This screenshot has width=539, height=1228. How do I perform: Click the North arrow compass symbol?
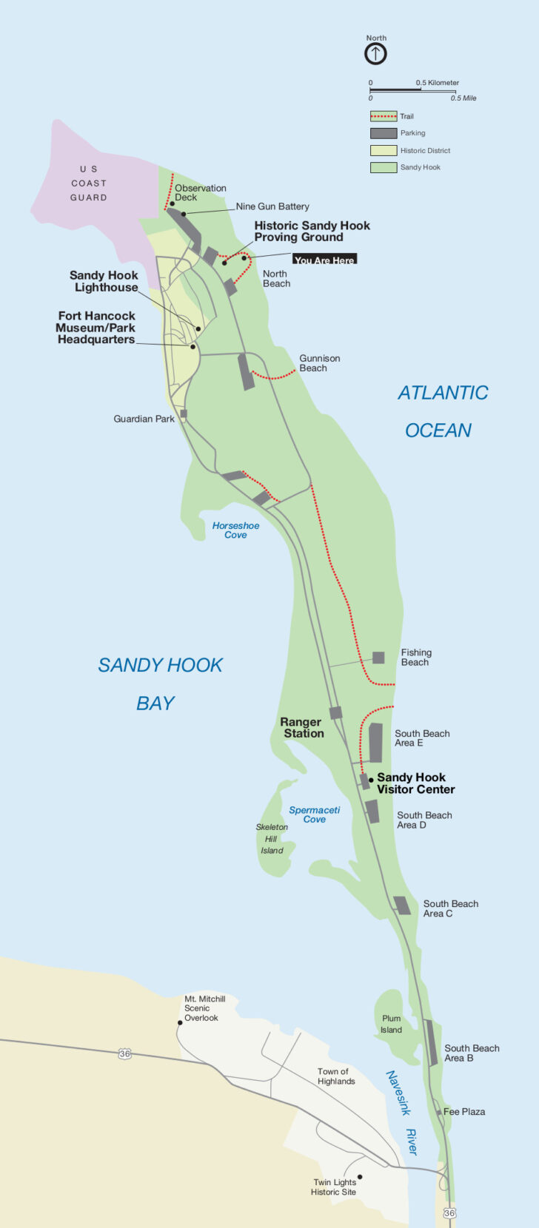(x=375, y=54)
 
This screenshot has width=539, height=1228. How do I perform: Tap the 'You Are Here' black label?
(x=324, y=260)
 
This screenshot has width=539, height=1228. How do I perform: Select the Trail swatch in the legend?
(x=383, y=116)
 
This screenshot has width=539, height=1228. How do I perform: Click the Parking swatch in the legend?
(x=383, y=133)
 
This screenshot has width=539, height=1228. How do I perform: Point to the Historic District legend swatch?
(x=383, y=150)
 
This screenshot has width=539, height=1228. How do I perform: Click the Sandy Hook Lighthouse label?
(x=104, y=281)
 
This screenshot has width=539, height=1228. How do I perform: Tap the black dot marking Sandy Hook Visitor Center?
(x=371, y=780)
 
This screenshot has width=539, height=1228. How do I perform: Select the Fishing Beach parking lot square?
(x=378, y=658)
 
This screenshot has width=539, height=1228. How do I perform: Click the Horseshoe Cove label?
(x=235, y=530)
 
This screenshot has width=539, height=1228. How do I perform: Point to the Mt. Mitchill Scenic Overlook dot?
(x=179, y=1023)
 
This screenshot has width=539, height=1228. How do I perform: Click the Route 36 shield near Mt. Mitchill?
(x=125, y=1053)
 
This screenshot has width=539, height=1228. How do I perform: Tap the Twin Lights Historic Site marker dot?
(x=360, y=1177)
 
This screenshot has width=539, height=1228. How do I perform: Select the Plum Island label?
(x=391, y=1024)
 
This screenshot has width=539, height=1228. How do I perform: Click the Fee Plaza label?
(x=464, y=1112)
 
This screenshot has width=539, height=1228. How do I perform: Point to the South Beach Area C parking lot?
(x=402, y=905)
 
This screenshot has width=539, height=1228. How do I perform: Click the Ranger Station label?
(x=301, y=728)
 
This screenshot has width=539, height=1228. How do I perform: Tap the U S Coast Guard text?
(x=89, y=183)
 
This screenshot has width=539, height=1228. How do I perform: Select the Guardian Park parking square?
(x=184, y=414)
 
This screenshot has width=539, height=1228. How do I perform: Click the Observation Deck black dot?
(x=173, y=203)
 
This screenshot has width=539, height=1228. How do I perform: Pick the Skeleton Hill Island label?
(x=272, y=839)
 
